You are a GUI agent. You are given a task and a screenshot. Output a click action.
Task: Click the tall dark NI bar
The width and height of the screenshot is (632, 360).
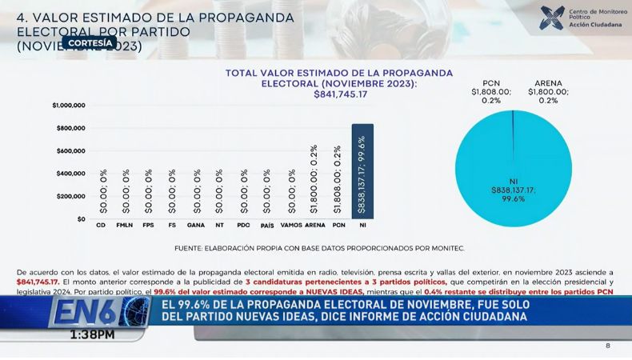click(362, 170)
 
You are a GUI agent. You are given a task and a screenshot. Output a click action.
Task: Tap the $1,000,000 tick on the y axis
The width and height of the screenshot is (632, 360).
click(69, 106)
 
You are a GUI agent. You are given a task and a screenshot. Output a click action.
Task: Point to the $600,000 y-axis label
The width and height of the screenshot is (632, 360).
click(70, 151)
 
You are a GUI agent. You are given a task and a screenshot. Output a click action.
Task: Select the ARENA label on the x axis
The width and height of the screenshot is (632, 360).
click(315, 226)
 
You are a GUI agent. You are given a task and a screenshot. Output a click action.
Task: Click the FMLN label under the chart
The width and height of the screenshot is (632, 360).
click(125, 226)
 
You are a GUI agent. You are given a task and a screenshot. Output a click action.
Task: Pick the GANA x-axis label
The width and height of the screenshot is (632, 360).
click(195, 226)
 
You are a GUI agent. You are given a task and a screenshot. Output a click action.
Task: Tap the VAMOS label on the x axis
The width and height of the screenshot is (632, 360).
click(291, 226)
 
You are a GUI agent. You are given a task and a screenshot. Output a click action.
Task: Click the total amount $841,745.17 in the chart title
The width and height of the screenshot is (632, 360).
click(340, 94)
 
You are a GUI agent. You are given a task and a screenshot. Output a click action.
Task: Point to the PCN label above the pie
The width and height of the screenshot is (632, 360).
click(491, 83)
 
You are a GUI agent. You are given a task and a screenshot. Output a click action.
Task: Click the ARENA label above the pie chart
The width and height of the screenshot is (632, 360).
click(548, 83)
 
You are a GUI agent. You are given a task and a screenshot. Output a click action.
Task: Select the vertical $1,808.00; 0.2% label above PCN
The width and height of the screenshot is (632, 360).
click(338, 179)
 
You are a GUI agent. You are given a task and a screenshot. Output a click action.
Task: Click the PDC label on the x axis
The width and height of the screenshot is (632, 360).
click(244, 226)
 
